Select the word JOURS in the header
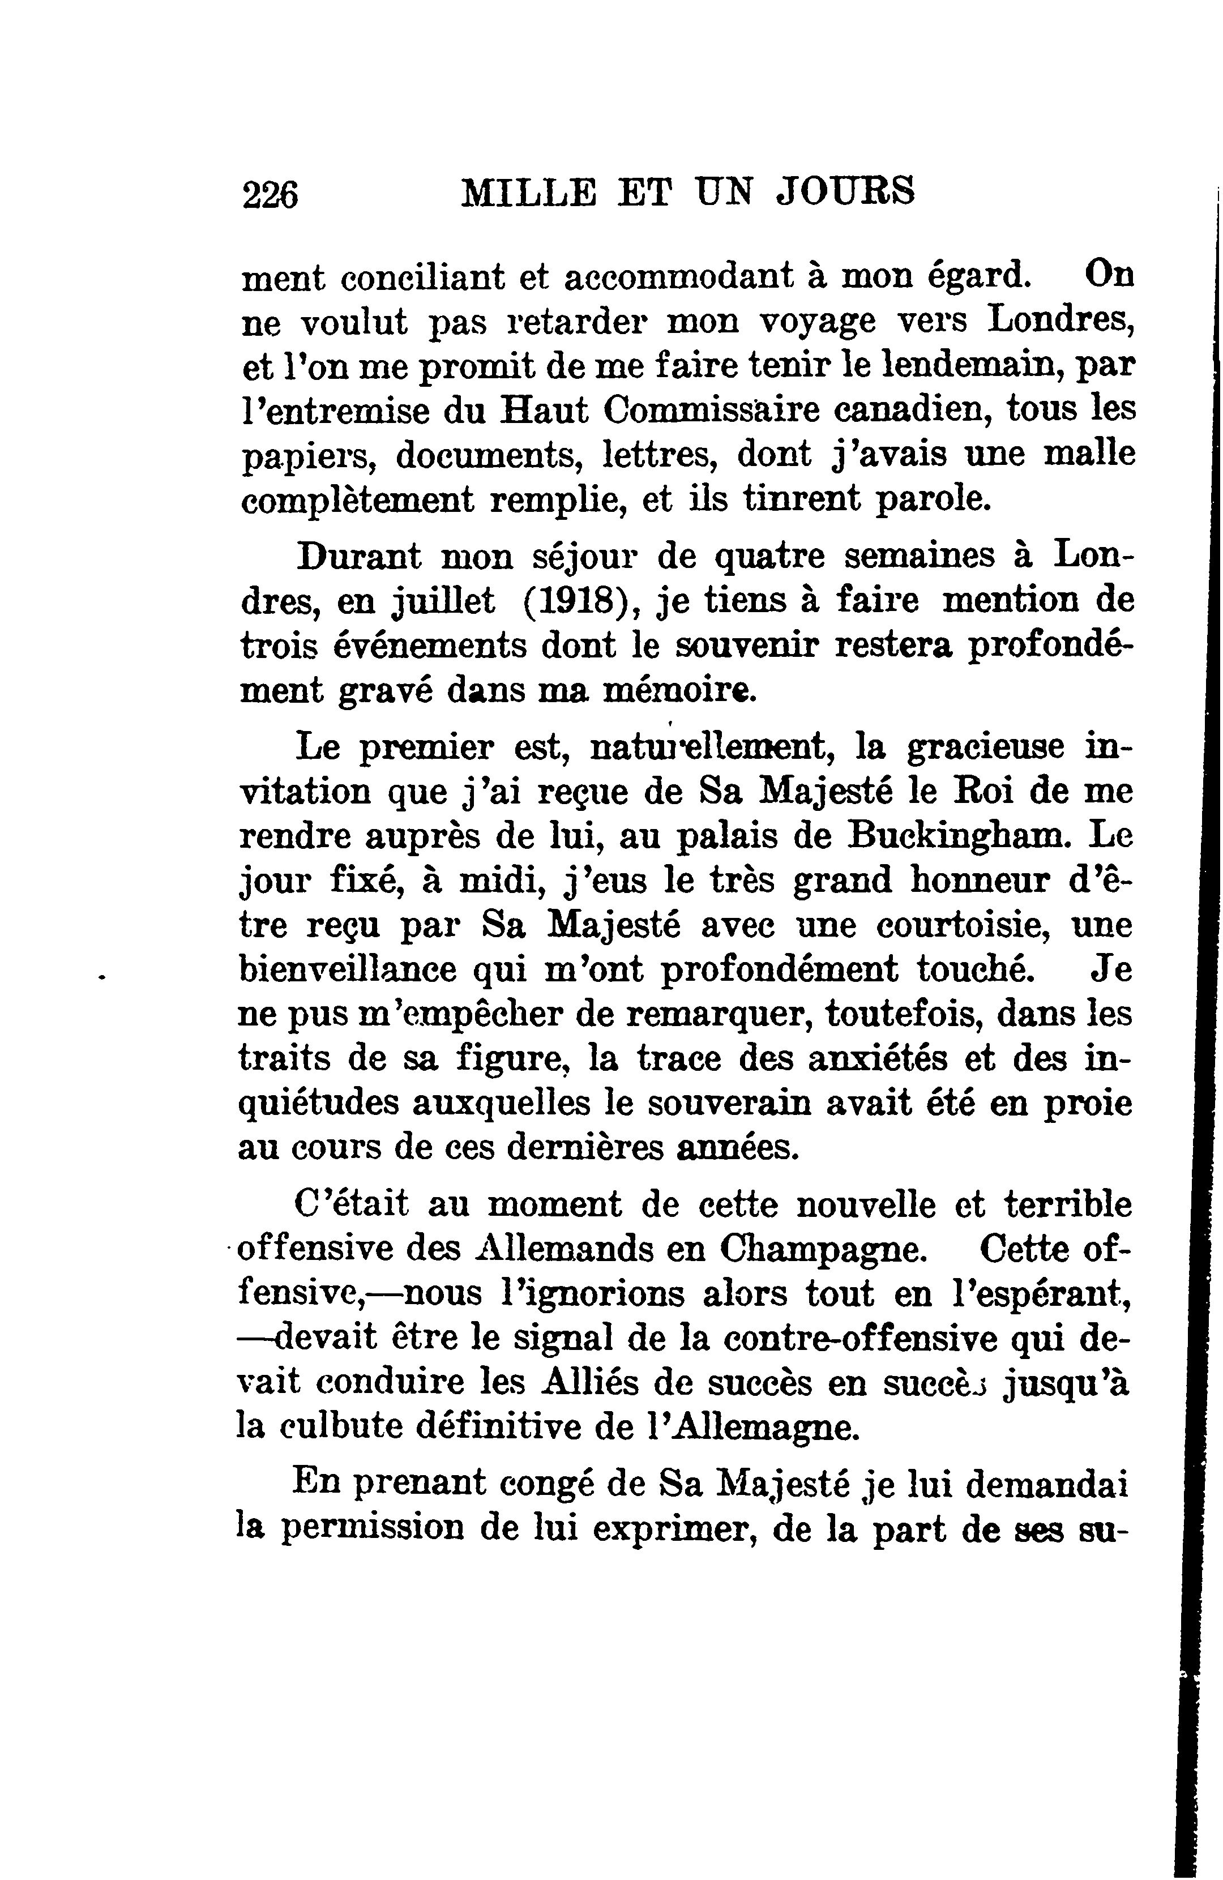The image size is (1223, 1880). pyautogui.click(x=846, y=192)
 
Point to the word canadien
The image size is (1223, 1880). pyautogui.click(x=915, y=410)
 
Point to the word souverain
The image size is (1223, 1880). pyautogui.click(x=728, y=1104)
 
